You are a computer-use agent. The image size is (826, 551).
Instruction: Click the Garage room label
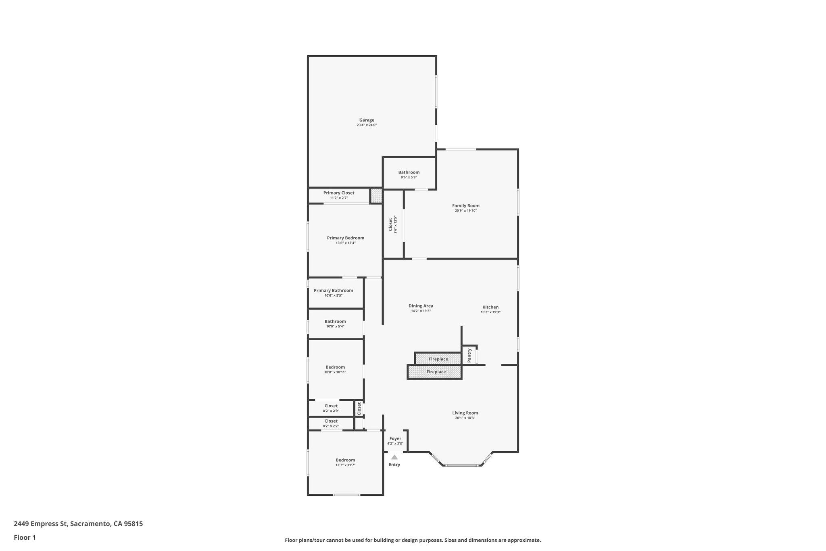pos(367,120)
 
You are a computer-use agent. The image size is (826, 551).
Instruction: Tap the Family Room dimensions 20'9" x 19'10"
pos(465,211)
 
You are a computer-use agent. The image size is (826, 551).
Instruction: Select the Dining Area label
pos(421,306)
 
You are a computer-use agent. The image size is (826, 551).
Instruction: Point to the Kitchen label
pos(490,307)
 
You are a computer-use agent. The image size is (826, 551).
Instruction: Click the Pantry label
pos(469,355)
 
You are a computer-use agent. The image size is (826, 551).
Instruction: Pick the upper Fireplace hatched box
pos(438,359)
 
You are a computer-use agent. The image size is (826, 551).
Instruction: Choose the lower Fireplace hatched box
pos(436,372)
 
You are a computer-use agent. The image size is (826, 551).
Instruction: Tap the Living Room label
pos(465,413)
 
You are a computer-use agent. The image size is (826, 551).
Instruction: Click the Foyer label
pos(395,438)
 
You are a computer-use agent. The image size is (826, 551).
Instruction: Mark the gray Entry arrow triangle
pos(394,457)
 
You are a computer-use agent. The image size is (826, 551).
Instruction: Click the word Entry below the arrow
pos(394,465)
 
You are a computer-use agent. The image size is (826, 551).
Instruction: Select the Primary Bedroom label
pos(345,238)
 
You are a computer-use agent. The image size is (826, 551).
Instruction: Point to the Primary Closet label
pos(339,193)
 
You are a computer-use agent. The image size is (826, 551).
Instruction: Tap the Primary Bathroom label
pos(333,291)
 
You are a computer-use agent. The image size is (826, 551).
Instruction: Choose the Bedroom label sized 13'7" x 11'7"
pos(345,460)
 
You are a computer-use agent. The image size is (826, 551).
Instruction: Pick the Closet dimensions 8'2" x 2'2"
pos(331,426)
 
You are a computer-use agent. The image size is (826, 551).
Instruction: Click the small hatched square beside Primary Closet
pos(376,196)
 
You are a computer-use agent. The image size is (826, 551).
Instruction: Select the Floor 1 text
pos(25,537)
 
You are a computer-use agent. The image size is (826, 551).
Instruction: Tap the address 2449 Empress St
pos(40,524)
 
